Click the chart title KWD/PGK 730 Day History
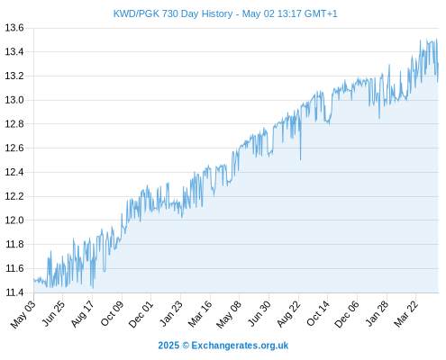pyautogui.click(x=173, y=13)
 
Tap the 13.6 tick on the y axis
pyautogui.click(x=14, y=28)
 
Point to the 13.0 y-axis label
pyautogui.click(x=14, y=100)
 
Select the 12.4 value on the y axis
pyautogui.click(x=14, y=172)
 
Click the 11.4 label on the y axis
pyautogui.click(x=14, y=292)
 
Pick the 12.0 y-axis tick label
pyautogui.click(x=14, y=220)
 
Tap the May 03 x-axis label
pyautogui.click(x=23, y=314)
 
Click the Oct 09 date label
pyautogui.click(x=112, y=314)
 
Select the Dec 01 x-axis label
pyautogui.click(x=141, y=314)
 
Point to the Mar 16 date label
pyautogui.click(x=200, y=314)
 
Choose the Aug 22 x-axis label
pyautogui.click(x=288, y=314)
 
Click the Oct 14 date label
pyautogui.click(x=318, y=314)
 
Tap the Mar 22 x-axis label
pyautogui.click(x=405, y=314)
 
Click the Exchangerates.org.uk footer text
pyautogui.click(x=240, y=346)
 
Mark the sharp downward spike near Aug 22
pyautogui.click(x=300, y=159)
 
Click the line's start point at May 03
pyautogui.click(x=34, y=280)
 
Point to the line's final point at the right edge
pyautogui.click(x=438, y=64)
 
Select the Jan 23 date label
pyautogui.click(x=170, y=314)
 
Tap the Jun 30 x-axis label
pyautogui.click(x=259, y=314)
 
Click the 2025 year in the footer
pyautogui.click(x=168, y=346)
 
